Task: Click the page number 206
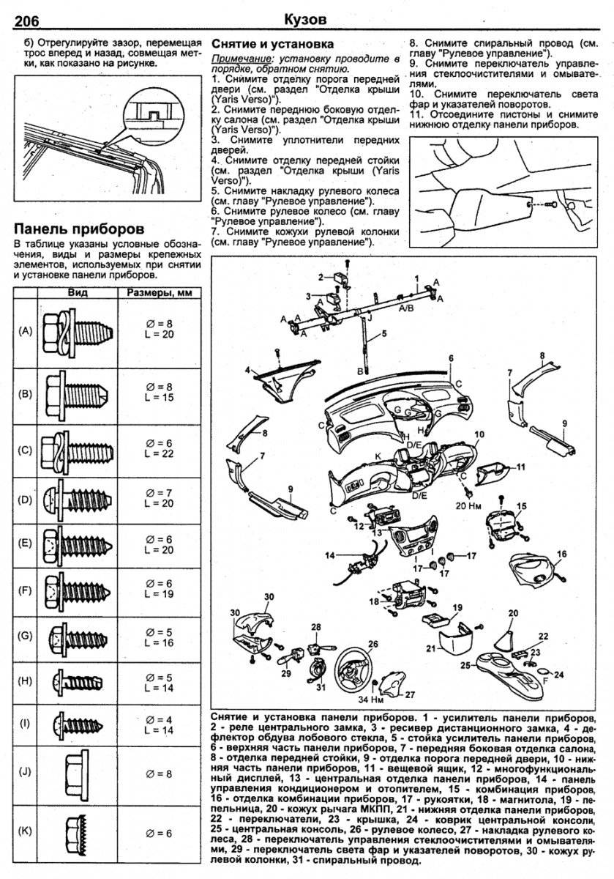pyautogui.click(x=27, y=19)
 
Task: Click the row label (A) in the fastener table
pyautogui.click(x=26, y=332)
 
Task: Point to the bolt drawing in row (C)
pyautogui.click(x=78, y=448)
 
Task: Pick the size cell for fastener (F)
pyautogui.click(x=158, y=588)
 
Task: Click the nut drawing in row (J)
pyautogui.click(x=78, y=772)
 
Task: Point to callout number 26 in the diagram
pyautogui.click(x=373, y=644)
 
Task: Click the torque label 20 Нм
pyautogui.click(x=467, y=505)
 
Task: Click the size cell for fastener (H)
pyautogui.click(x=158, y=683)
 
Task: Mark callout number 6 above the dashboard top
pyautogui.click(x=452, y=357)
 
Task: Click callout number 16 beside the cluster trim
pyautogui.click(x=562, y=554)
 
